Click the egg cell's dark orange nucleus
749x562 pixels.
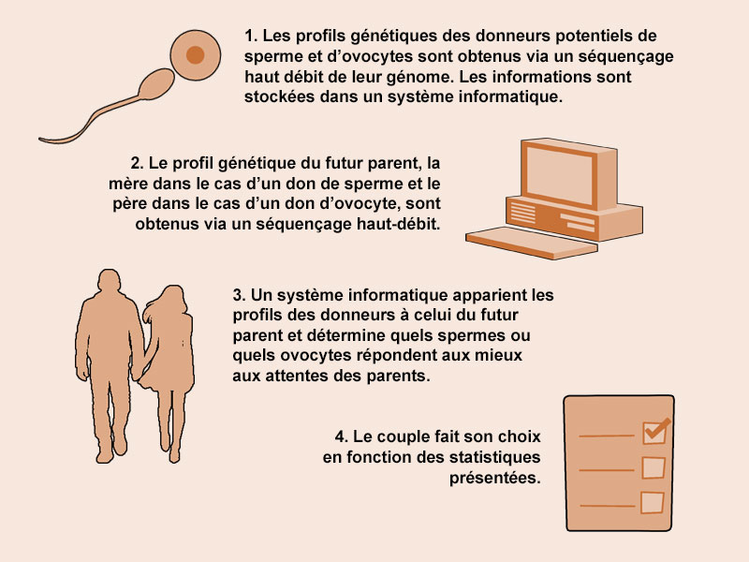point(195,55)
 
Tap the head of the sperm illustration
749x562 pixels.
point(157,84)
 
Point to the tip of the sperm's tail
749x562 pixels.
point(40,140)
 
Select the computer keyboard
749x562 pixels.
point(531,243)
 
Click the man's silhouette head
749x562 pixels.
point(110,282)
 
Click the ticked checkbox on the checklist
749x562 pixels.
point(655,432)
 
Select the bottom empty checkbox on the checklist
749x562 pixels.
point(652,502)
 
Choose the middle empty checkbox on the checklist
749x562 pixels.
point(653,467)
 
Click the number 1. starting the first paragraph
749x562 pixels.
point(251,36)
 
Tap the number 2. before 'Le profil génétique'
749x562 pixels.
point(137,163)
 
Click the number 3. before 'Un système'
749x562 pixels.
point(240,295)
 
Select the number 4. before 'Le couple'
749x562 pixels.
point(342,436)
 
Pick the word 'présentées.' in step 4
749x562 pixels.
point(495,478)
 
